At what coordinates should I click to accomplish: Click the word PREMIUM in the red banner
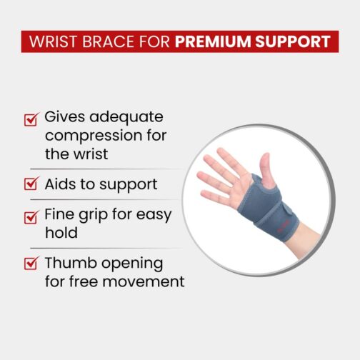[213, 41]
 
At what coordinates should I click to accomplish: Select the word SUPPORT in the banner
[293, 41]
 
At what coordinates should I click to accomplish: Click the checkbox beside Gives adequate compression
[31, 119]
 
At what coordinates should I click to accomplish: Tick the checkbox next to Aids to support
[31, 184]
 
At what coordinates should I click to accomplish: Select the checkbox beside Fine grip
[31, 217]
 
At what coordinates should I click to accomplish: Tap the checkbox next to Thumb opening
[31, 263]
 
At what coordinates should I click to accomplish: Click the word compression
[94, 136]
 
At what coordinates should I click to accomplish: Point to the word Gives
[65, 116]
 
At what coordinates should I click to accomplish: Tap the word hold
[61, 232]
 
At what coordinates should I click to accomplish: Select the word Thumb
[71, 263]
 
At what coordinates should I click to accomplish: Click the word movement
[144, 281]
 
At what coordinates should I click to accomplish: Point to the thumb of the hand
[267, 170]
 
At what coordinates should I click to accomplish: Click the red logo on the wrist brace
[283, 226]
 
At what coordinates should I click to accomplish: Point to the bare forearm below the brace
[307, 241]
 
